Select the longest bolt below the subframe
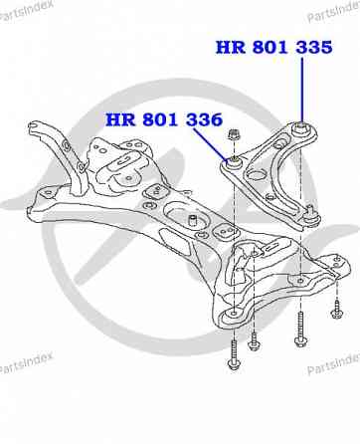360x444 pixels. (298, 320)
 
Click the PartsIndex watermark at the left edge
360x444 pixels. (27, 367)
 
